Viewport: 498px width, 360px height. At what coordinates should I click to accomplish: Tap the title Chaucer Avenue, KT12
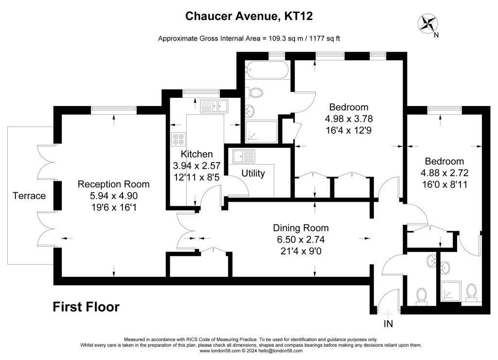coord(249,16)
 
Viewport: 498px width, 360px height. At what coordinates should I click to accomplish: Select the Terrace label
coord(29,196)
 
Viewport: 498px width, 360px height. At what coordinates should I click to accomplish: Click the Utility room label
coord(253,173)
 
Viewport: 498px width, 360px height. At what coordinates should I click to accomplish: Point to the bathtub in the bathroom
coord(268,70)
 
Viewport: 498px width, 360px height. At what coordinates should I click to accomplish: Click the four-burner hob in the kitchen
coord(178,139)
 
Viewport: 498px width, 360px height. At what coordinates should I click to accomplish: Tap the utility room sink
coord(244,156)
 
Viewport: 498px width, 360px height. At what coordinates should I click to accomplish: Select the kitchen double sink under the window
coord(214,106)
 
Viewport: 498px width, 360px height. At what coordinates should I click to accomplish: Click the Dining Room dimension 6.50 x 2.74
coord(301,239)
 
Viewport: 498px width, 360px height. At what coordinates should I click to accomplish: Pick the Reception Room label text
coord(113,184)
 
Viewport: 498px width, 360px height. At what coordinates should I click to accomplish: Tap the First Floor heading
coord(86,306)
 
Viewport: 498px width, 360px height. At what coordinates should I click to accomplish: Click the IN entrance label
coord(388,324)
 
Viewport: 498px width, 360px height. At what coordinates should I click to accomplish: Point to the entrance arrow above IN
coord(388,313)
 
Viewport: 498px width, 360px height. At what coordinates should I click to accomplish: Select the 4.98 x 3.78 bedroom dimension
coord(349,119)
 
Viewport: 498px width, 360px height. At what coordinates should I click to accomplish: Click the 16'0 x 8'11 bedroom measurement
coord(445,184)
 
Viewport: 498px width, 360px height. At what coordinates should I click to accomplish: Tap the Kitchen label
coord(196,154)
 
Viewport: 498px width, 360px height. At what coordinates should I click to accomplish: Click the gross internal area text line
coord(249,38)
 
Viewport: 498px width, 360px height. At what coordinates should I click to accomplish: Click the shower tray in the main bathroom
coord(261,131)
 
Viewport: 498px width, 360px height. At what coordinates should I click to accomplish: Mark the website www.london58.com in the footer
coord(220,351)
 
